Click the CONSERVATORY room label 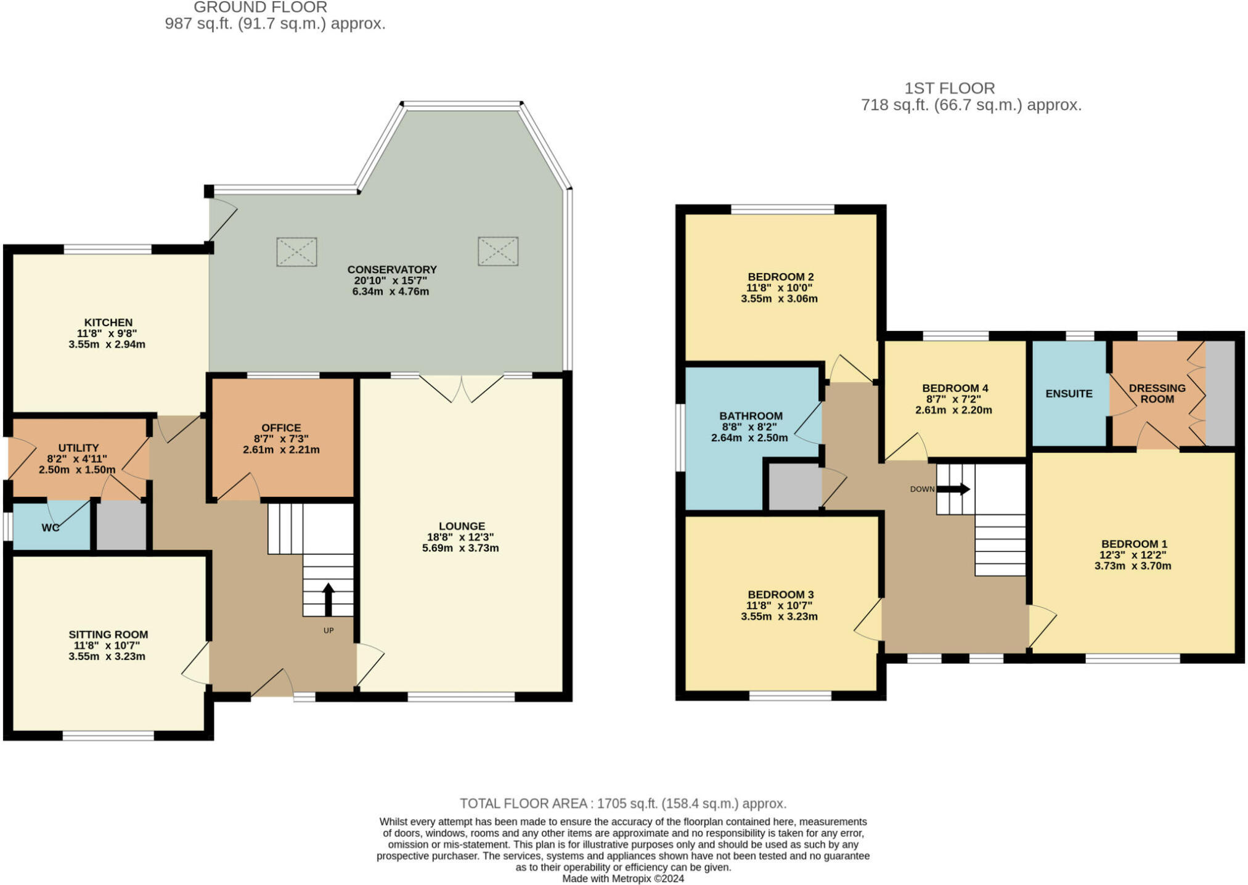coord(391,269)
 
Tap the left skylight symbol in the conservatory coord(296,251)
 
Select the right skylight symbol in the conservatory coord(498,251)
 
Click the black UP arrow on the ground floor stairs coord(328,599)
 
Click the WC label coord(51,528)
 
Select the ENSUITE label coord(1069,393)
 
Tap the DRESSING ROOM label coord(1157,393)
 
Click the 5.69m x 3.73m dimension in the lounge coord(460,548)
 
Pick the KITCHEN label coord(108,322)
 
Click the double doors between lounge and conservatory coord(462,388)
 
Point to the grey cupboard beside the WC coord(121,525)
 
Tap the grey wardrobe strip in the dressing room coord(1220,393)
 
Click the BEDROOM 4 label coord(955,388)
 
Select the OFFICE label coord(281,428)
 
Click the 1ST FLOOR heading coord(949,88)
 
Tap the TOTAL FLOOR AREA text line coord(623,804)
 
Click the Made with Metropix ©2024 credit coord(623,879)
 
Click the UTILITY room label coord(78,447)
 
